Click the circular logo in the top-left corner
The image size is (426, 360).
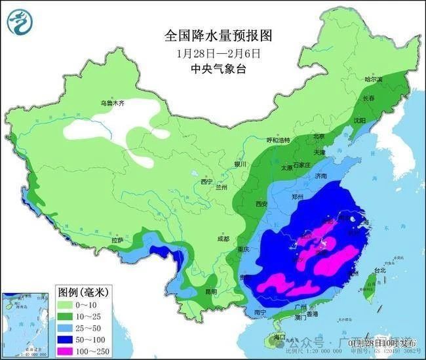point(19,22)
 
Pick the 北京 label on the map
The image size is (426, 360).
point(319,136)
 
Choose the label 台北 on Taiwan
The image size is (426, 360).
point(379,270)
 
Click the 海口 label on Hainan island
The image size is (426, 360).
point(280,337)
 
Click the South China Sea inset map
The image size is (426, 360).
point(26,322)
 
